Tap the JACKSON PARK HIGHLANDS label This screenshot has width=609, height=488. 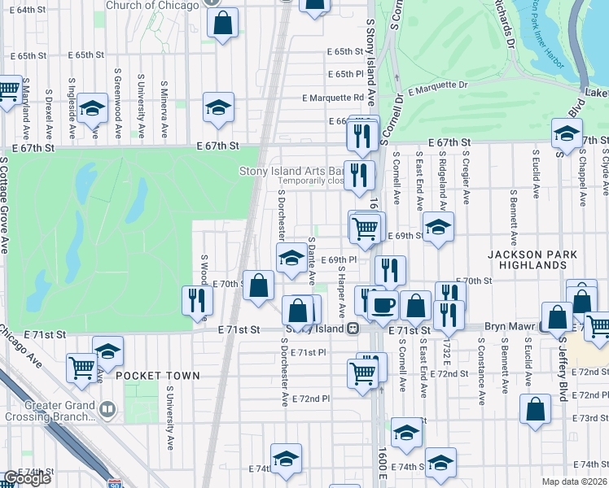click(532, 261)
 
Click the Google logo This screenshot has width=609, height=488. click(26, 478)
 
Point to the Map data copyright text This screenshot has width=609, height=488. click(575, 481)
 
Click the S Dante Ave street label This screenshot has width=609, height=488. click(312, 260)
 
